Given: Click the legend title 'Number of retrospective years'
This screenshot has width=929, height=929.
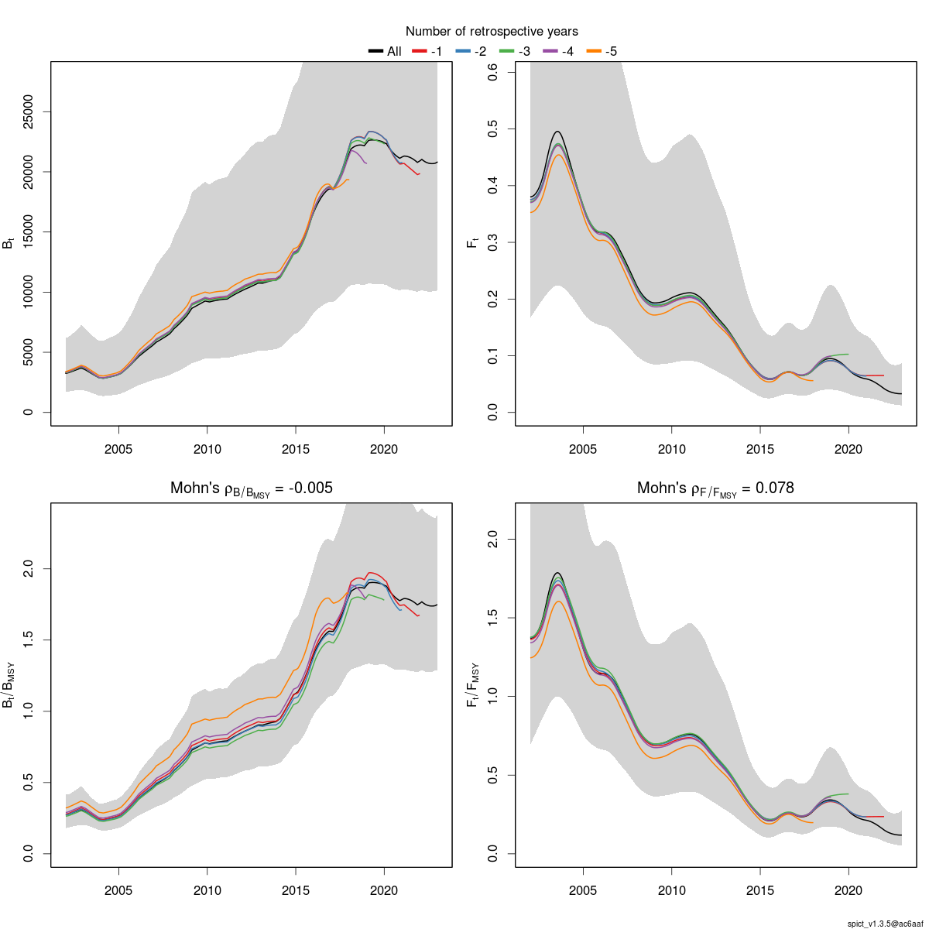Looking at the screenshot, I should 492,32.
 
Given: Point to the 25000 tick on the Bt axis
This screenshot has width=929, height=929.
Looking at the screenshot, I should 28,111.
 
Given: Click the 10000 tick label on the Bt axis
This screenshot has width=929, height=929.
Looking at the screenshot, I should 28,292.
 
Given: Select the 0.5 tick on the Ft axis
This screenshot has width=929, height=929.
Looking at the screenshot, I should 492,129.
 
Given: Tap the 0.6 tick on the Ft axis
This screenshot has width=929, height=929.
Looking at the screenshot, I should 492,72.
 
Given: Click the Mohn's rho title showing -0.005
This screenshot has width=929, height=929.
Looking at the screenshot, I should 252,488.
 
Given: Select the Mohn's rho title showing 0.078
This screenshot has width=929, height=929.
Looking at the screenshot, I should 715,488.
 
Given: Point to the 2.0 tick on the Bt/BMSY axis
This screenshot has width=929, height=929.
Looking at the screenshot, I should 28,569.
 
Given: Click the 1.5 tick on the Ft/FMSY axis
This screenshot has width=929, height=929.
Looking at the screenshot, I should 492,618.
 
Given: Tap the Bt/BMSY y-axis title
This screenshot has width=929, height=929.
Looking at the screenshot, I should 9,684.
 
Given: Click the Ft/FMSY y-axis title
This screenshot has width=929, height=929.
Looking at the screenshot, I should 473,684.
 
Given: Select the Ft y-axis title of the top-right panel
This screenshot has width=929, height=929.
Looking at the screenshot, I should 473,243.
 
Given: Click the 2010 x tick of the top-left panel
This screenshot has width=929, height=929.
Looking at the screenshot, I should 207,449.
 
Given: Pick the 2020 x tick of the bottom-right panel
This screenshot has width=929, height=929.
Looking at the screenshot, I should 848,890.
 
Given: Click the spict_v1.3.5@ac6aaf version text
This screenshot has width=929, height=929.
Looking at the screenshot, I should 884,924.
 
